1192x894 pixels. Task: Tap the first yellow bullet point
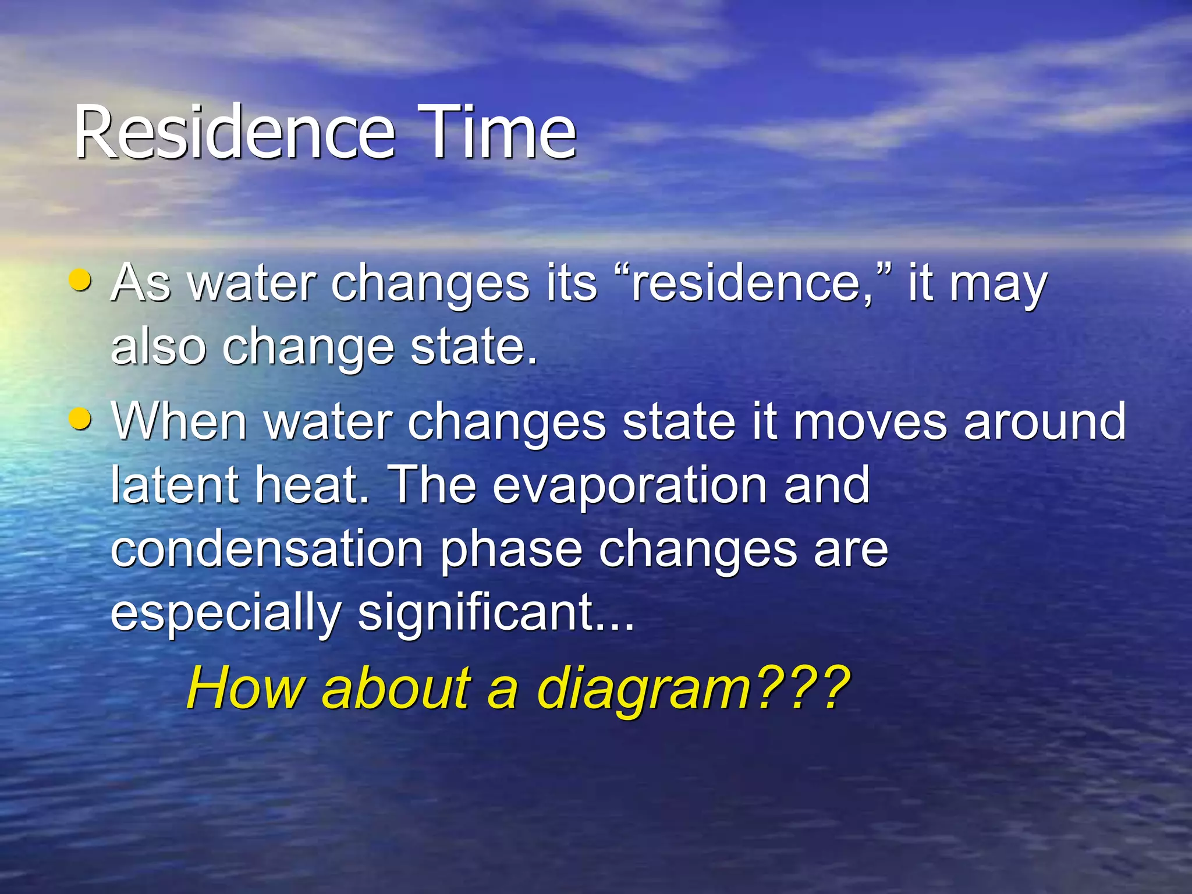tap(80, 280)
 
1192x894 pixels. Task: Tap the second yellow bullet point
tap(80, 418)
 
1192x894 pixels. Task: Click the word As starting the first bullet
tap(141, 283)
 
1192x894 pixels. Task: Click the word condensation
tap(267, 549)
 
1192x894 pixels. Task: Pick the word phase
tap(510, 550)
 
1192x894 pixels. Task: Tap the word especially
tap(226, 612)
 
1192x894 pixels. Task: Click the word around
tap(1044, 422)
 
